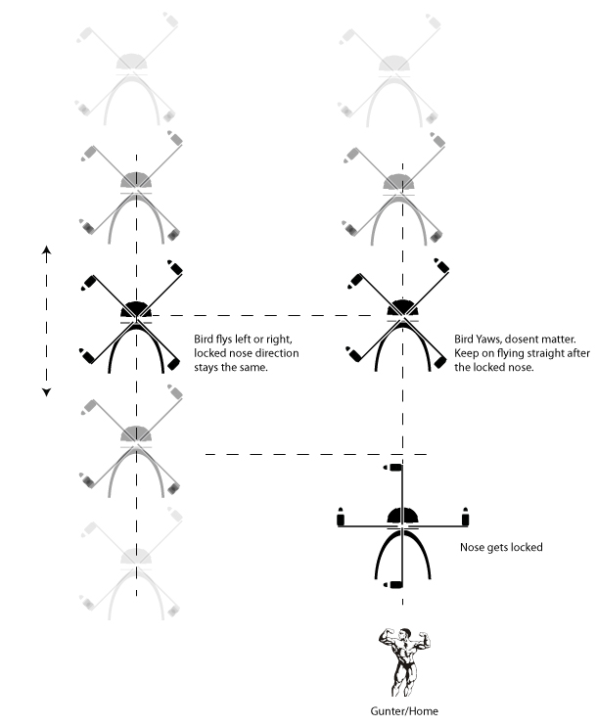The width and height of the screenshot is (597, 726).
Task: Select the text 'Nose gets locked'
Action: click(500, 547)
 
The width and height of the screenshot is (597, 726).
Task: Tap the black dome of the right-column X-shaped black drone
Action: click(399, 309)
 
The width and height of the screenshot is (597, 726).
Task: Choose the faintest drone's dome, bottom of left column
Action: click(137, 555)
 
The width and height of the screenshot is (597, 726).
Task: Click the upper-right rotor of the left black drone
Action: click(175, 266)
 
